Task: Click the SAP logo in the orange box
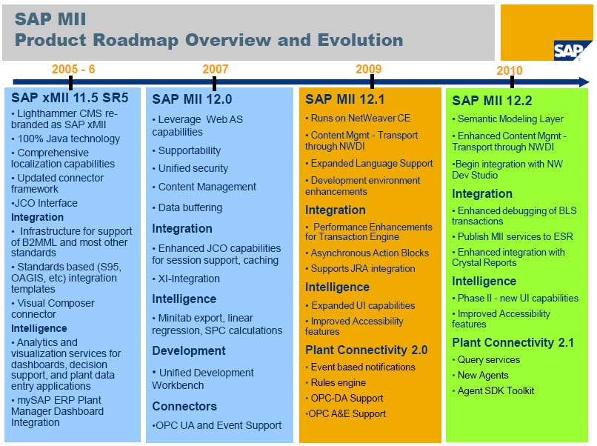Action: click(x=571, y=50)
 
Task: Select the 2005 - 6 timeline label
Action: click(x=73, y=70)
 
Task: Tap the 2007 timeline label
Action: click(x=216, y=70)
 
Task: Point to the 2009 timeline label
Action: click(x=368, y=70)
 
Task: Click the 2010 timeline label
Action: click(x=509, y=70)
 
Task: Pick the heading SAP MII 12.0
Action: click(x=192, y=99)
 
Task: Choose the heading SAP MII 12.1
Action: click(x=344, y=99)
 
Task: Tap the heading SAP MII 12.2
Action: click(x=492, y=101)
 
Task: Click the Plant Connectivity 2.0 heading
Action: click(x=367, y=350)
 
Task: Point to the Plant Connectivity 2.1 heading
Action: click(x=513, y=342)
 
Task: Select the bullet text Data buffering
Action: click(x=190, y=208)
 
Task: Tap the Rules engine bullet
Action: click(x=338, y=382)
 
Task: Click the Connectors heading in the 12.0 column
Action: click(x=184, y=406)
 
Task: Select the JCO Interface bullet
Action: click(x=46, y=203)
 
